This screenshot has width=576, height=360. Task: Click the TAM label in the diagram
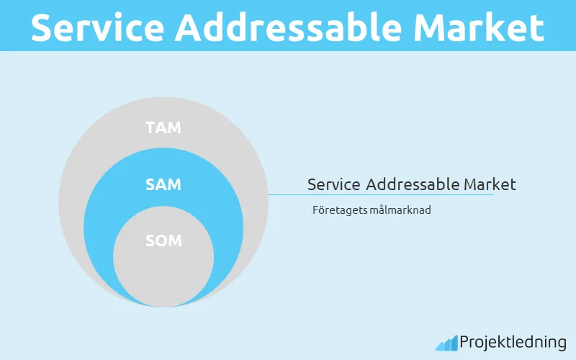163,128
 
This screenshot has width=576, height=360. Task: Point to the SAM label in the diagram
163,184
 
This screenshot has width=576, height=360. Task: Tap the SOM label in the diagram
163,240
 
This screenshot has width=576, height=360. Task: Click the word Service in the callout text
334,184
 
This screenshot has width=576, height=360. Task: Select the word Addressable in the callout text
413,184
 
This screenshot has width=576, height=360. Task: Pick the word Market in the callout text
490,184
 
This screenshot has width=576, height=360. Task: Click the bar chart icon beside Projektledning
446,343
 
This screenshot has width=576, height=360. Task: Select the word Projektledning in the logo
513,343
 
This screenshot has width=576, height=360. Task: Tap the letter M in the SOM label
175,240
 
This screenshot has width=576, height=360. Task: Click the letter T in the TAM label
150,128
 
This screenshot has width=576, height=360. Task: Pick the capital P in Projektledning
464,342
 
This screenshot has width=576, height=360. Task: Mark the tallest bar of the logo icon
454,342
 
